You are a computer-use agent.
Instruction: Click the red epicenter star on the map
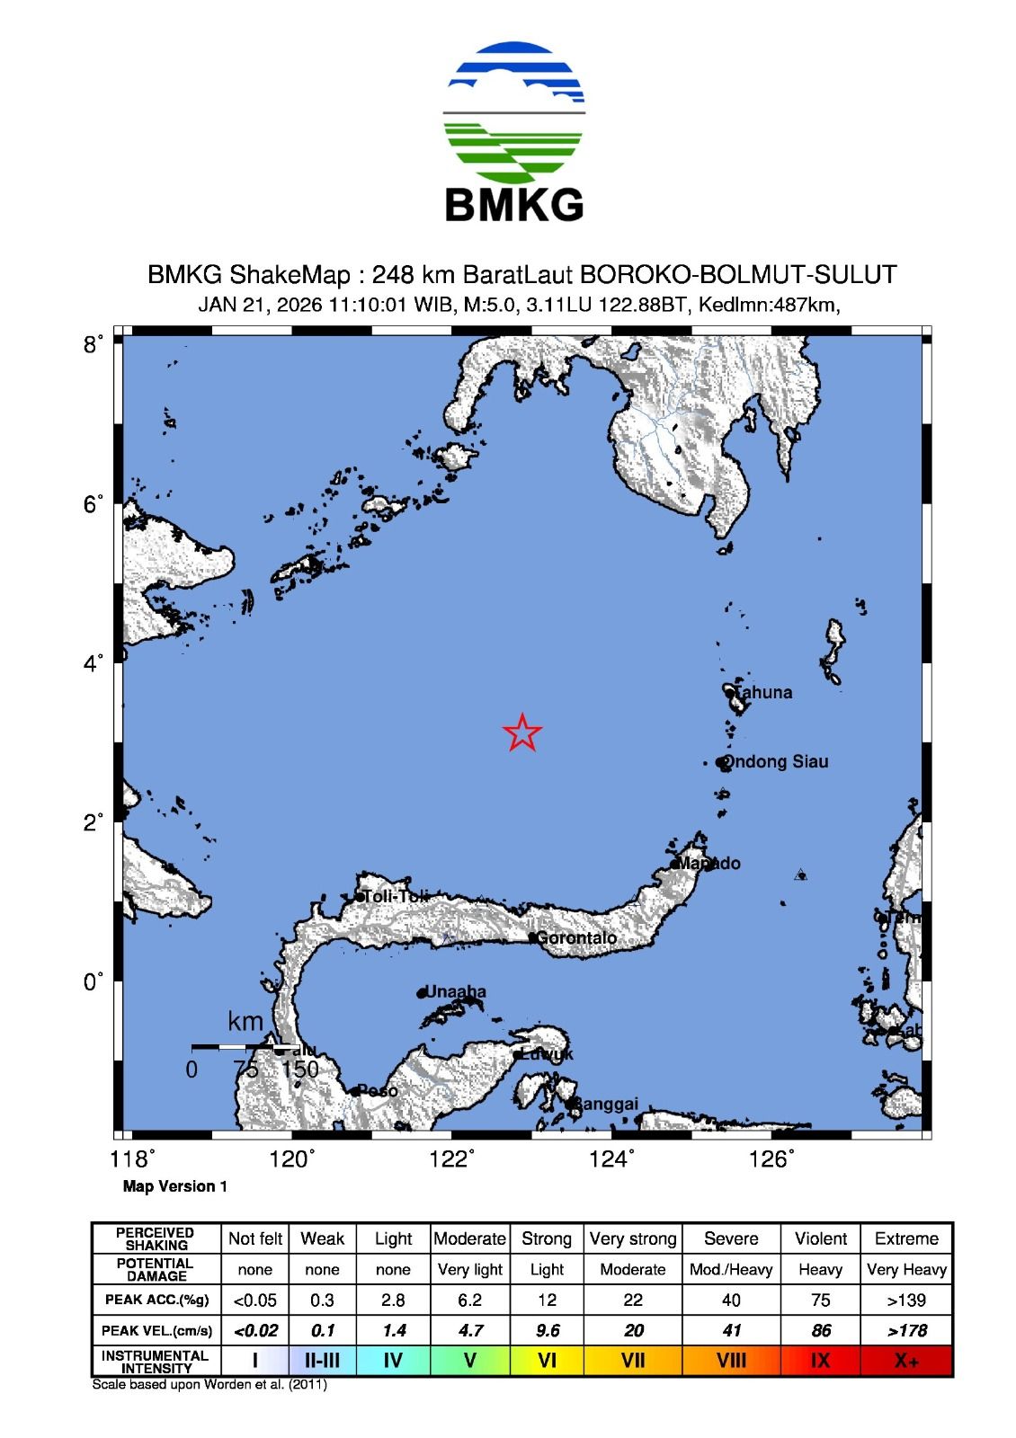(522, 732)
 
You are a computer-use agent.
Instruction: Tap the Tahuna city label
(762, 692)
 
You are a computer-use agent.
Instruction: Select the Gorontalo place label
(575, 938)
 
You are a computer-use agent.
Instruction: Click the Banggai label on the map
(606, 1104)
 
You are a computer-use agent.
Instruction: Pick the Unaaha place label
(455, 992)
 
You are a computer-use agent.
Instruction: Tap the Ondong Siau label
(777, 761)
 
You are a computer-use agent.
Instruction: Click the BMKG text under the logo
(514, 205)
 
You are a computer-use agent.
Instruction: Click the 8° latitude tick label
(94, 343)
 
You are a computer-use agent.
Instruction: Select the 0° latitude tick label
(94, 981)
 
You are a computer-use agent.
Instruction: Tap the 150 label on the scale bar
(300, 1070)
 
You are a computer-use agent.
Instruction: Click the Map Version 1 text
(175, 1186)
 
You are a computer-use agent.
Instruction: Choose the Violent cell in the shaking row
(820, 1238)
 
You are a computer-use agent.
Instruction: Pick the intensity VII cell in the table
(633, 1361)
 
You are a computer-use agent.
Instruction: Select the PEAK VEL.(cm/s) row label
(157, 1330)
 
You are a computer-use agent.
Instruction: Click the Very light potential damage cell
(470, 1269)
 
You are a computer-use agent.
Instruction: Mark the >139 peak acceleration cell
(906, 1300)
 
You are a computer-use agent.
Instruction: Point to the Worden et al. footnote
(209, 1384)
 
